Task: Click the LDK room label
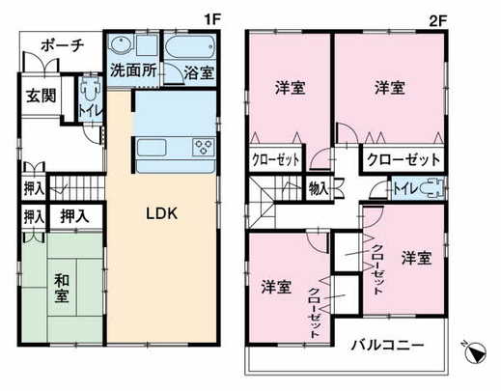click(161, 213)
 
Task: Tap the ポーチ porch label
click(63, 45)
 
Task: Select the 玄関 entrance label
click(42, 96)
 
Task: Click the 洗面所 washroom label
click(133, 70)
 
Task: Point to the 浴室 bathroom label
click(199, 72)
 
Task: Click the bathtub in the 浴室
click(190, 47)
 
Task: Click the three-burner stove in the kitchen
click(204, 147)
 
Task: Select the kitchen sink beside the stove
click(152, 148)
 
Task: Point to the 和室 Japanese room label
click(62, 288)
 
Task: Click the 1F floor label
click(212, 20)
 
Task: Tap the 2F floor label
click(438, 21)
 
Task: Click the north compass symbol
click(476, 351)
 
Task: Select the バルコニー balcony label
click(387, 346)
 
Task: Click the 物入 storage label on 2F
click(319, 188)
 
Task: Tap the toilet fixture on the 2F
click(432, 188)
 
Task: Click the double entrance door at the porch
click(42, 65)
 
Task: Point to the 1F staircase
click(76, 187)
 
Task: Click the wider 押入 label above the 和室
click(74, 216)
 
